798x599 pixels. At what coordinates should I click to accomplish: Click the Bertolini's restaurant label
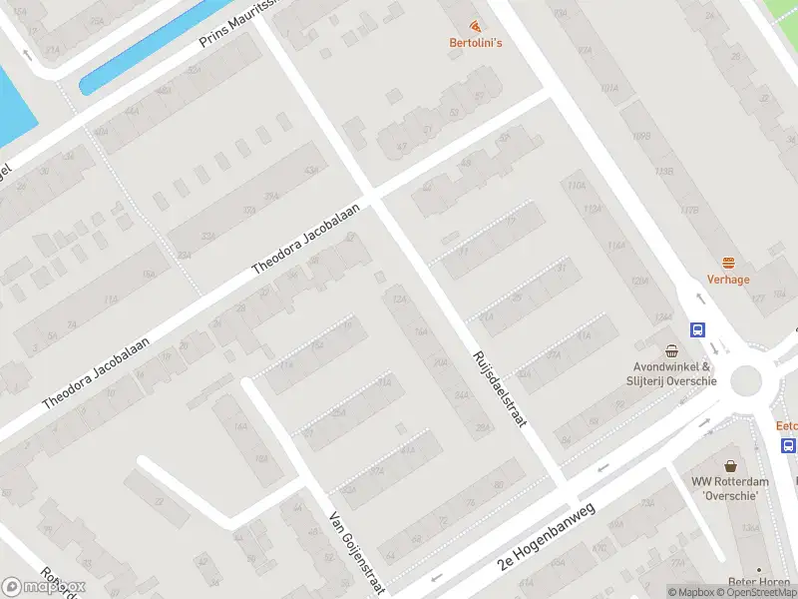pos(474,42)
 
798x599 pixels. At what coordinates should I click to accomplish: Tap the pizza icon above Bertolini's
pos(474,25)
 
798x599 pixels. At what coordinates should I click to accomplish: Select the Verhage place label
pos(728,280)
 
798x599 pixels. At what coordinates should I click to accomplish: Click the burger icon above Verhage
pos(728,263)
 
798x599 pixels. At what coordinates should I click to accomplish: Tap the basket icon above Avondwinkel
pos(673,350)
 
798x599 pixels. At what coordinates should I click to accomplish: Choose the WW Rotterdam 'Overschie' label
pos(731,488)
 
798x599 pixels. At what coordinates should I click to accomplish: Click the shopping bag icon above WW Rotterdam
pos(731,465)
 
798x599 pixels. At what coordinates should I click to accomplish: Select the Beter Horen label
pos(761,581)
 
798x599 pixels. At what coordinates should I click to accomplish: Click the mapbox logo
pos(44,586)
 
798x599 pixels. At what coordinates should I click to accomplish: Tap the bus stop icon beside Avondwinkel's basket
pos(697,329)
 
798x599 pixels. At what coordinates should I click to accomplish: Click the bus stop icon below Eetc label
pos(788,445)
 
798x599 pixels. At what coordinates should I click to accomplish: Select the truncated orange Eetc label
pos(787,425)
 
